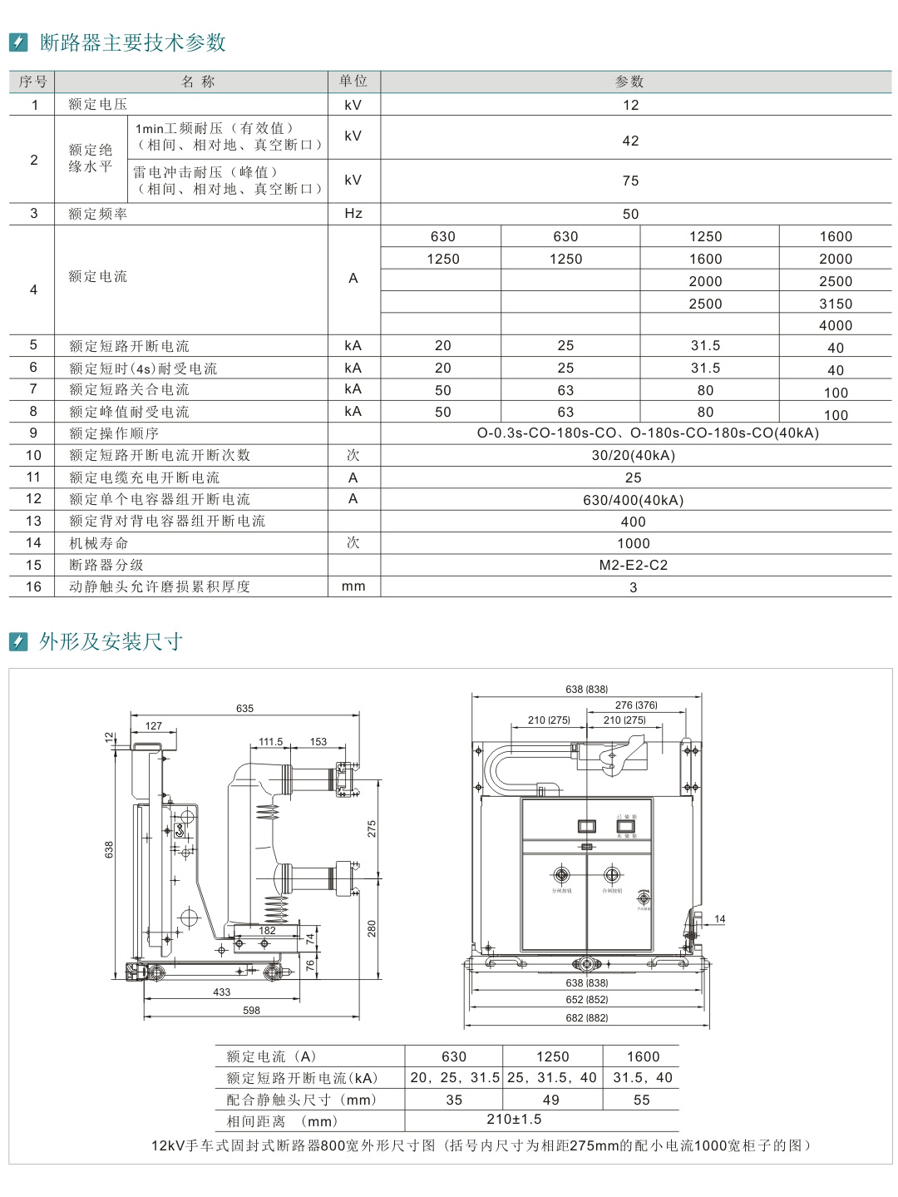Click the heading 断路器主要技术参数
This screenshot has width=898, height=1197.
(x=133, y=42)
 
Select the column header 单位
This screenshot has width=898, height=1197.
(x=353, y=82)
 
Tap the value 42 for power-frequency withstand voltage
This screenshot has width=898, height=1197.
(x=631, y=141)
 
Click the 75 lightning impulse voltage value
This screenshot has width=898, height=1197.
(x=631, y=181)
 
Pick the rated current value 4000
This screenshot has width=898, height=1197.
(x=836, y=325)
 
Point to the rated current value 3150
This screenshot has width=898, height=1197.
(x=836, y=304)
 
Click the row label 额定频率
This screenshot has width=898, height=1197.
(x=98, y=214)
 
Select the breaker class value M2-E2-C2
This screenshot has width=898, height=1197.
(x=634, y=565)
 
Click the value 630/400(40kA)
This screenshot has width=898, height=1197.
(x=634, y=500)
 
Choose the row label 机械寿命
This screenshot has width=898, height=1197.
(x=99, y=543)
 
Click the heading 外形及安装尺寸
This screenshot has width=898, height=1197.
(x=111, y=641)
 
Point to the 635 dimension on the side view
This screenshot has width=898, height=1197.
(x=244, y=709)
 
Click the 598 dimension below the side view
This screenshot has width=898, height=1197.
(x=251, y=1011)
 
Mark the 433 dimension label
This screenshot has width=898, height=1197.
(x=221, y=992)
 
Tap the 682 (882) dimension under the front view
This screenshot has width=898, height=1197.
(x=587, y=1018)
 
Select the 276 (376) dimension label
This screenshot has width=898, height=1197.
(x=636, y=705)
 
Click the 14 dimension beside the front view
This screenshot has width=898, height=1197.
(x=720, y=919)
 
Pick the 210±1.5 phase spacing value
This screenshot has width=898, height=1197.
(x=514, y=1120)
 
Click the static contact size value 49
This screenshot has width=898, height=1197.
(x=551, y=1100)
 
